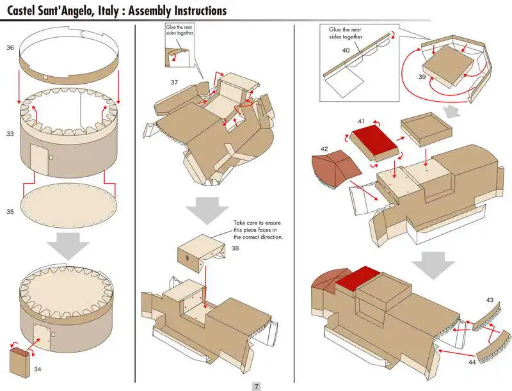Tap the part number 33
10,134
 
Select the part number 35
10,211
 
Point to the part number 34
38,369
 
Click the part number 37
174,82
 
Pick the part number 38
236,248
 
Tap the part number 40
346,50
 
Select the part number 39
422,76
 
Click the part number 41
362,121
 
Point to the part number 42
324,149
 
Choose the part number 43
490,299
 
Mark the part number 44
472,362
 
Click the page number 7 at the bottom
256,386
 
